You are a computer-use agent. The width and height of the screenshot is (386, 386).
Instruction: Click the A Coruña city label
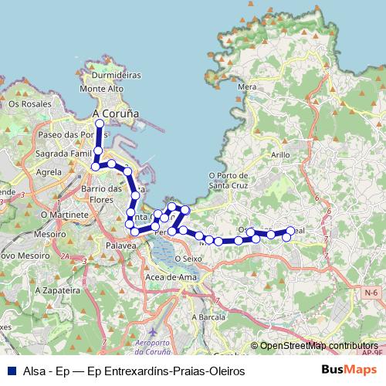tap(115, 113)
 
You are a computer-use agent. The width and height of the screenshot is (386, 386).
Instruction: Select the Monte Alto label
tap(107, 89)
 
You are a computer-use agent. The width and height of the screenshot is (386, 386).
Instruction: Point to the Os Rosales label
tap(29, 103)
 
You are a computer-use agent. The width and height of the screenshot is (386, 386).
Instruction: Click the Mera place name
tap(247, 86)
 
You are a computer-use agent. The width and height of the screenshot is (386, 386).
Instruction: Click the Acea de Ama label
tap(168, 276)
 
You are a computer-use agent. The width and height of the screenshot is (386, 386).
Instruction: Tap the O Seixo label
tap(188, 259)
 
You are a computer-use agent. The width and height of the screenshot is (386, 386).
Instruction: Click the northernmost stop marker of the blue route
tap(99, 123)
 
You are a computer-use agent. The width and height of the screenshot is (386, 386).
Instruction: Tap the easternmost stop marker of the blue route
tap(290, 230)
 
